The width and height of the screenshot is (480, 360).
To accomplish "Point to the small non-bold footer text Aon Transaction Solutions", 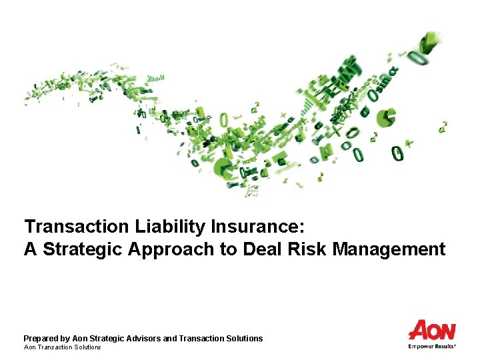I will (62, 347).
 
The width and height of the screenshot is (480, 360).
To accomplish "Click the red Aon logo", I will (432, 331).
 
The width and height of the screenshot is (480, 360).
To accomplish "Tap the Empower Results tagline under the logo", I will (432, 346).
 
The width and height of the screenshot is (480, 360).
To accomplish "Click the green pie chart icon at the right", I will (386, 117).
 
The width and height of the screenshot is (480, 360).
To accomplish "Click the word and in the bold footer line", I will (169, 339).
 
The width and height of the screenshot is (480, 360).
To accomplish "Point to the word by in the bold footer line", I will (65, 339).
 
